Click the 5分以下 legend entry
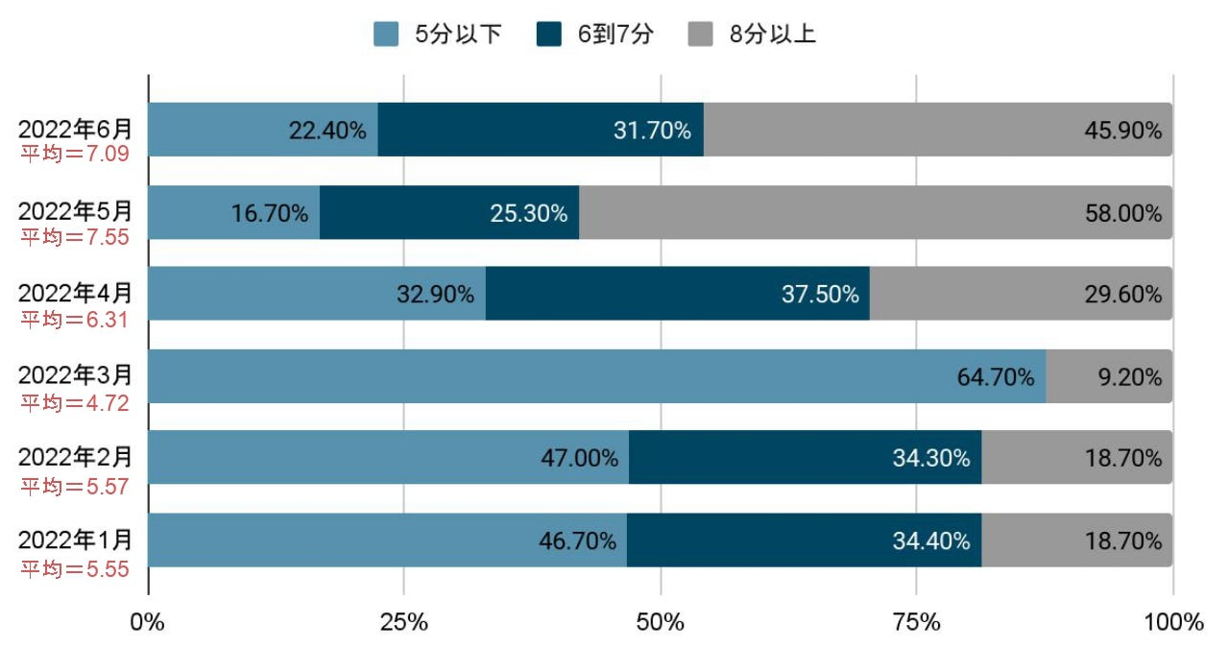coord(438,36)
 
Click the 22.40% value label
coord(327,131)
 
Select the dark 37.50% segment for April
coord(677,294)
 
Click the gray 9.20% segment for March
coord(1109,376)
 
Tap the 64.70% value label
coord(996,376)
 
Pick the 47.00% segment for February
coord(388,458)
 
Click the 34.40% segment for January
coord(804,540)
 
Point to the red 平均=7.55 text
coord(75,236)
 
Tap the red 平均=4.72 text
coord(75,401)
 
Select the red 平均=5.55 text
coord(75,568)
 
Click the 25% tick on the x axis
coord(404,622)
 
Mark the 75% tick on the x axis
coord(917,622)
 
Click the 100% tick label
coord(1172,622)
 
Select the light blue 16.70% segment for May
coord(233,212)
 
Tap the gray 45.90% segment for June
coord(937,130)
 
